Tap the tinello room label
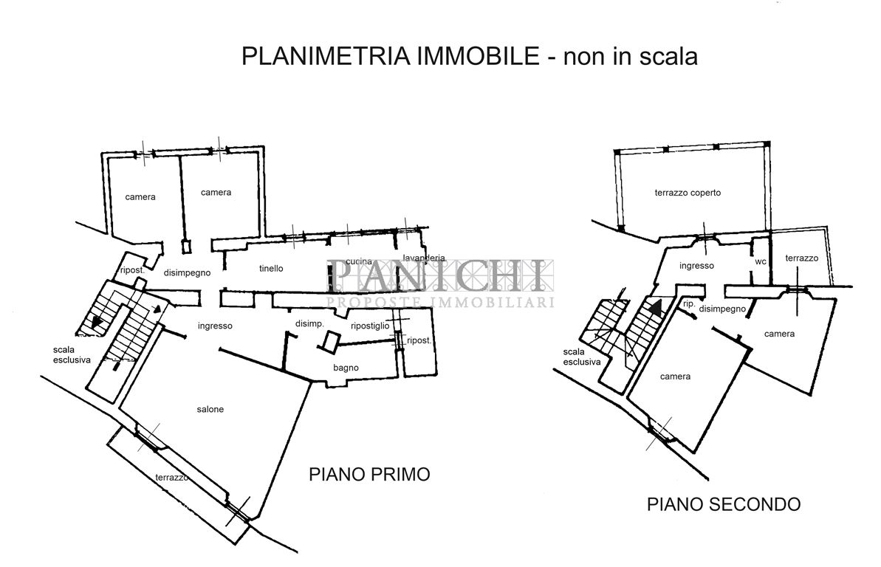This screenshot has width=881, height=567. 271,269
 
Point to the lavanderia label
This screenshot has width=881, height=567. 424,258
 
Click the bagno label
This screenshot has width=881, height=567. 346,368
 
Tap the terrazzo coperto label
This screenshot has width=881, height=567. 687,193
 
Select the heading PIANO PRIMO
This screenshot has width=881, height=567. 368,474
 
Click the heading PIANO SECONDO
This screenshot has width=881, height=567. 724,505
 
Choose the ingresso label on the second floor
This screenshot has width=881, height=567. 696,266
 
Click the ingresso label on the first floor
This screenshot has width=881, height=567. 215,326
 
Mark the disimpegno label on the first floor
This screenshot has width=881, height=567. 188,272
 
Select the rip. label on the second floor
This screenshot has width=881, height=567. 688,303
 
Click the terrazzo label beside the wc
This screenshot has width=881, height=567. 801,258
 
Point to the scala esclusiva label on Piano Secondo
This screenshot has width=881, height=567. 581,357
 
